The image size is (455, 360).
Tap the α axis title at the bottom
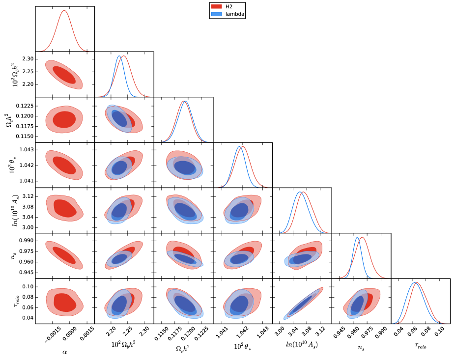point(64,351)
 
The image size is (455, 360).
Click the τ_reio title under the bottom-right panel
point(420,346)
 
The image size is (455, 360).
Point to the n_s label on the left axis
point(13,255)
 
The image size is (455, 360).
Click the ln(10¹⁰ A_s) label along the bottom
point(302,345)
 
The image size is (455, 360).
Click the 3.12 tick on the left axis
point(28,196)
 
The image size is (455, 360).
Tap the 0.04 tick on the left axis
point(28,318)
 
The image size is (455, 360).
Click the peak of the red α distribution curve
point(64,10)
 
